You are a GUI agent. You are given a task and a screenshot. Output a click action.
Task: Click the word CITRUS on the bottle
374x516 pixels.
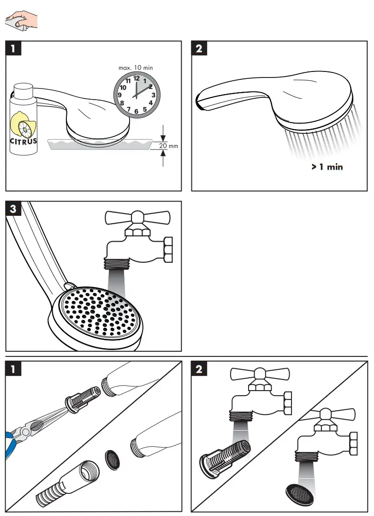24,141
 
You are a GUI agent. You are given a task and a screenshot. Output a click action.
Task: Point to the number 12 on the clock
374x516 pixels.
137,79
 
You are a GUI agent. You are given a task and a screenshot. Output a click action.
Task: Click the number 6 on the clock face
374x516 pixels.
137,112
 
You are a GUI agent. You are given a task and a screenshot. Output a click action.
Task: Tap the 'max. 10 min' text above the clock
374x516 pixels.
136,68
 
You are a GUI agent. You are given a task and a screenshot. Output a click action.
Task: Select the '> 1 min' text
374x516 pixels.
327,167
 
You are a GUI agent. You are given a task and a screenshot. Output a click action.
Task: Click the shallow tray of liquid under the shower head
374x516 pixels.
100,145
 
